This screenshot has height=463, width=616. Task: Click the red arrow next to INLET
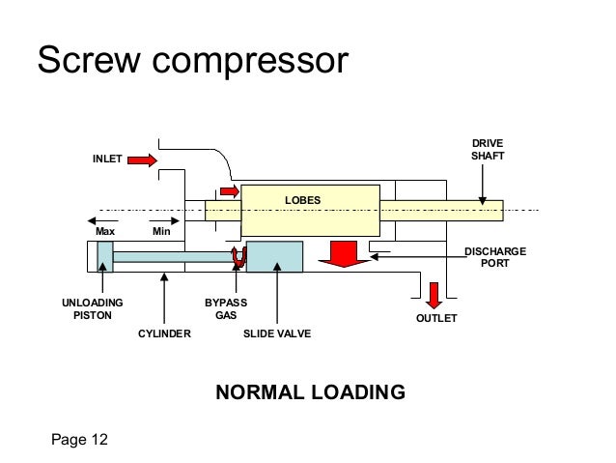(141, 159)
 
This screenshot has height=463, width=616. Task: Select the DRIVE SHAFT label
(487, 149)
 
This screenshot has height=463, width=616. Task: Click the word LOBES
(300, 200)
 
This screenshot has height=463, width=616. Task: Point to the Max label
(105, 233)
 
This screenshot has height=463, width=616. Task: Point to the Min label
(161, 233)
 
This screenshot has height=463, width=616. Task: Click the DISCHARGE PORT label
(495, 257)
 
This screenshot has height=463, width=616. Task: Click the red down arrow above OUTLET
(434, 293)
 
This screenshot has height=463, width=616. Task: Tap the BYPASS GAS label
(225, 308)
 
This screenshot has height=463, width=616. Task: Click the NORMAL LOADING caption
(309, 392)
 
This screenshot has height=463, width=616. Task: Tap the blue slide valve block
(275, 256)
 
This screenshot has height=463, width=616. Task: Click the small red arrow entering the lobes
(230, 189)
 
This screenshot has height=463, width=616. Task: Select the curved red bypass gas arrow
(237, 256)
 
